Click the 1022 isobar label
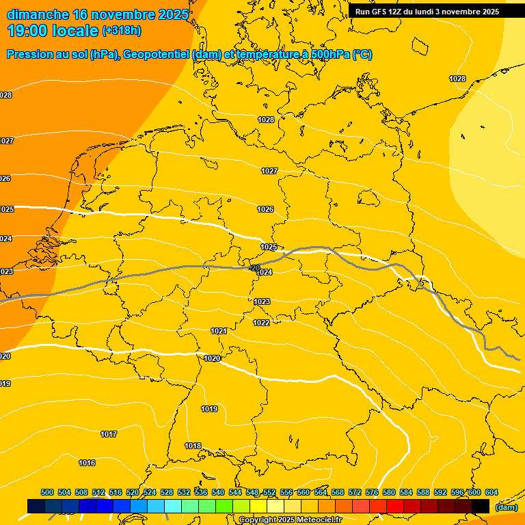click(x=261, y=323)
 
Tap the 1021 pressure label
click(x=218, y=331)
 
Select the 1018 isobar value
click(x=193, y=446)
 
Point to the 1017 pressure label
click(x=109, y=434)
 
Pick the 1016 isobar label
click(x=87, y=463)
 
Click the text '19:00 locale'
click(x=53, y=31)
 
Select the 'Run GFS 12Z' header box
click(x=427, y=12)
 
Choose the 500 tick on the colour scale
click(x=47, y=492)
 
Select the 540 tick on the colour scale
click(x=218, y=492)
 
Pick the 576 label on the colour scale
click(x=372, y=492)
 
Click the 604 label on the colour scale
click(x=492, y=492)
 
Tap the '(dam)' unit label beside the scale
click(x=506, y=507)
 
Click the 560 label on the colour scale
click(x=304, y=492)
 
